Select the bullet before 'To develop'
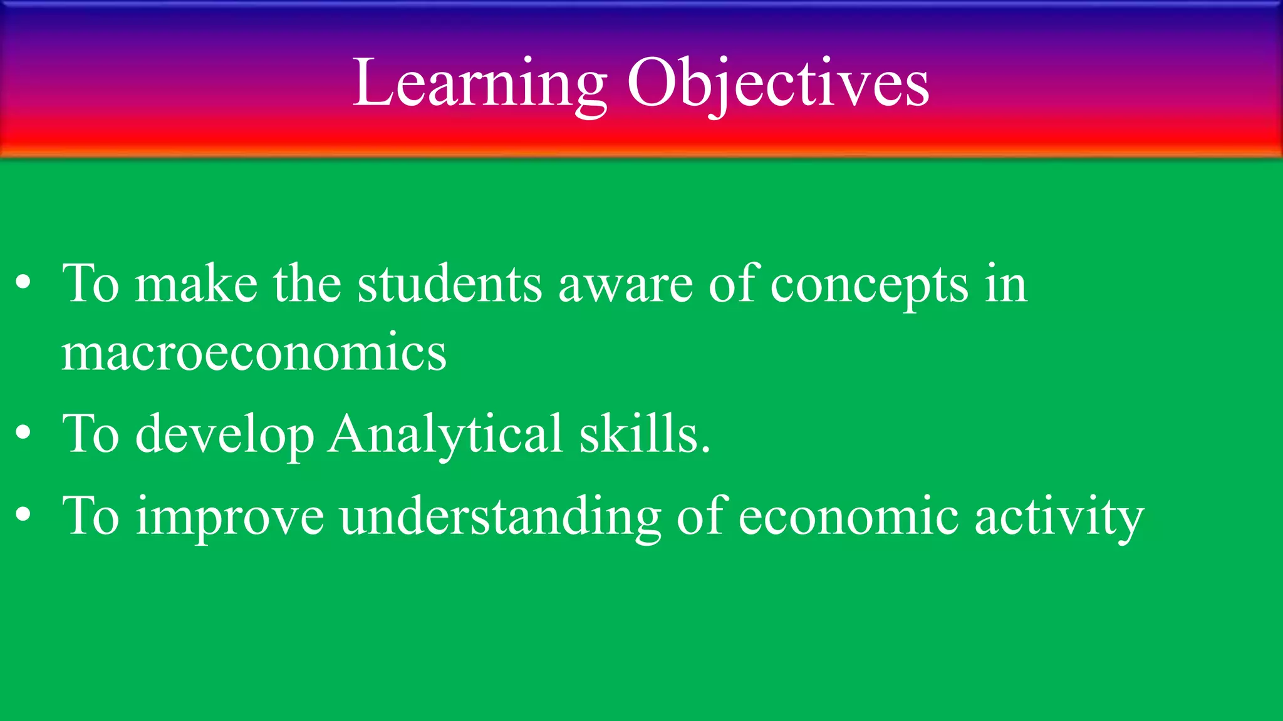[23, 433]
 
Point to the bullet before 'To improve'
[23, 514]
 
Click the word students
[449, 284]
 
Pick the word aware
[625, 285]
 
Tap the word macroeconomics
[254, 353]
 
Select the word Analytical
[445, 434]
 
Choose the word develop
[224, 434]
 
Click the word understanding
[500, 517]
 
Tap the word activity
[1059, 517]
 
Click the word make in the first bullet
[196, 284]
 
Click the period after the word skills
[706, 449]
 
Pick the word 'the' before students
[307, 284]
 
